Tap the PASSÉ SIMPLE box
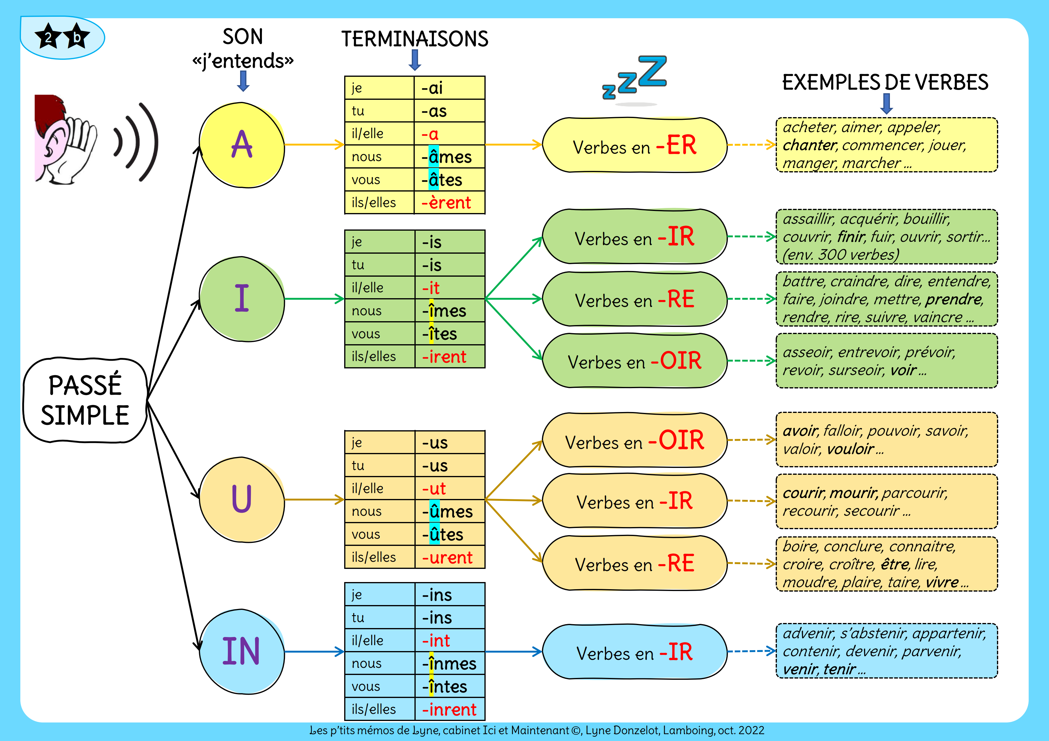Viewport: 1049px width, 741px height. point(86,400)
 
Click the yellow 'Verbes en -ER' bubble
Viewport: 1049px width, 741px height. point(634,145)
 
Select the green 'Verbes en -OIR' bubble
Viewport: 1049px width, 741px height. point(634,361)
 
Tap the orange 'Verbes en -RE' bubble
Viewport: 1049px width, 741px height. point(634,564)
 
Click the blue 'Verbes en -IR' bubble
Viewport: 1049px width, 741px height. point(634,652)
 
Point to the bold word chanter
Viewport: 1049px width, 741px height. point(809,145)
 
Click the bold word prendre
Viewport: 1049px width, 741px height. point(954,299)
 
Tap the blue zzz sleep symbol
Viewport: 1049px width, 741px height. point(635,78)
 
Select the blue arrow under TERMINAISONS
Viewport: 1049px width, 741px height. point(415,60)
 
